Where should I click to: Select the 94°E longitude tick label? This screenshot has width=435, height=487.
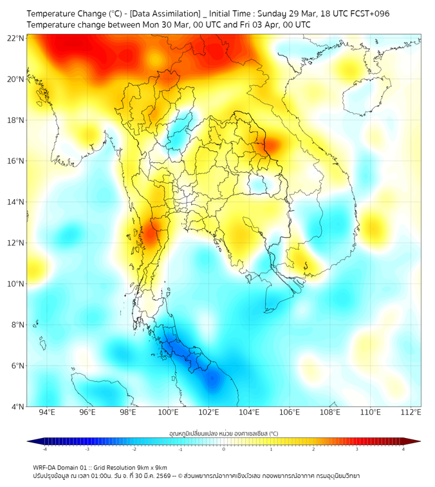click(x=47, y=412)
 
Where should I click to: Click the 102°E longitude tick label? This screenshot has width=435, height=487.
click(x=209, y=412)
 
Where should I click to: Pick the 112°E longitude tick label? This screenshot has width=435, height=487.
click(x=411, y=412)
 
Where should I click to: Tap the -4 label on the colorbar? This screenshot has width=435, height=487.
click(x=44, y=450)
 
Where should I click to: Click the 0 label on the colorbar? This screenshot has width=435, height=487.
click(x=224, y=450)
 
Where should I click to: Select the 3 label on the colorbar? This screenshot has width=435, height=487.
click(x=357, y=450)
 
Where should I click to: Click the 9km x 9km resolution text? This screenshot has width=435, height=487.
click(x=151, y=467)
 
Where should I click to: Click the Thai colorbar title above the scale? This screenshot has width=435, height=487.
click(x=223, y=434)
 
